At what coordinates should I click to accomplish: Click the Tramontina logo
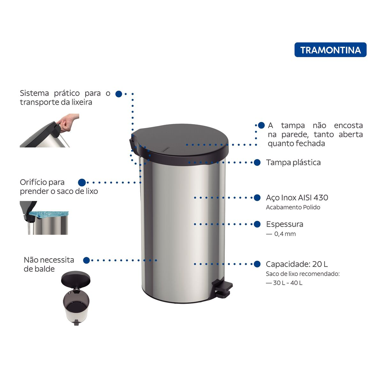point(330,50)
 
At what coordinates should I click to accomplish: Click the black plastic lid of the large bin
point(179,144)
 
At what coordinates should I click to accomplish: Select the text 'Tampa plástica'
point(293,162)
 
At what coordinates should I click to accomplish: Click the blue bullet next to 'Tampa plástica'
point(257,162)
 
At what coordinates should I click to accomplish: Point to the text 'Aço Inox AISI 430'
point(297,198)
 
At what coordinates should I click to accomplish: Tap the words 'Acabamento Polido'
point(293,207)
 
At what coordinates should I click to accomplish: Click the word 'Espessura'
point(285,224)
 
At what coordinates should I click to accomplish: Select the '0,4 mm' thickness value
point(285,234)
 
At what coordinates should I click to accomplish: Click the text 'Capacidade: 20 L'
point(297,264)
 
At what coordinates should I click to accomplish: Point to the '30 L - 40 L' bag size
point(288,283)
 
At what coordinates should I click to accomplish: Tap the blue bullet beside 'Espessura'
point(257,224)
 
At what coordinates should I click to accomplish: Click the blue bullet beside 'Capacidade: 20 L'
point(257,264)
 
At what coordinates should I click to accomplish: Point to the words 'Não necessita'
point(49,260)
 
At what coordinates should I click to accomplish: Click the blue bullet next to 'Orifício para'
point(82,183)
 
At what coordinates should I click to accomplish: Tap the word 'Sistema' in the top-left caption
point(34,93)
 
